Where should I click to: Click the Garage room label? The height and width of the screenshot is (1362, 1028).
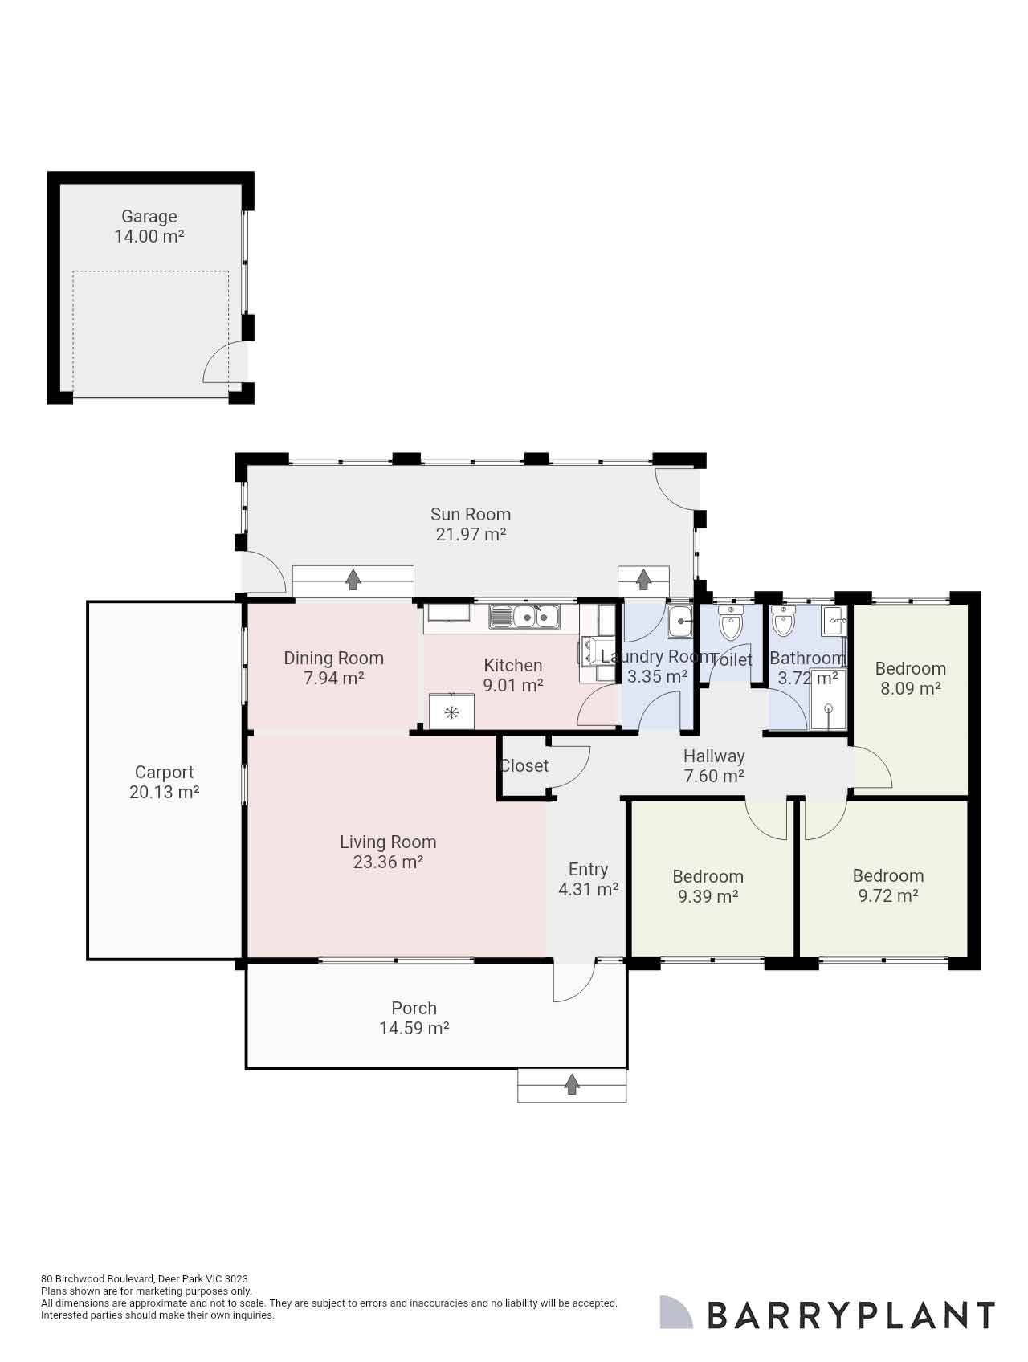pyautogui.click(x=149, y=216)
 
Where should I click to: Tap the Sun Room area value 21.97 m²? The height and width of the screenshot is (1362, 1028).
pyautogui.click(x=471, y=534)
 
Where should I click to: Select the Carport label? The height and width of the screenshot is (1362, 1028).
pyautogui.click(x=164, y=772)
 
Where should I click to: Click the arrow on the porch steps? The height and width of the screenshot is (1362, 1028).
pyautogui.click(x=572, y=1084)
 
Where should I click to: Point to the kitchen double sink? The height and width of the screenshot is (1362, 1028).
pyautogui.click(x=536, y=617)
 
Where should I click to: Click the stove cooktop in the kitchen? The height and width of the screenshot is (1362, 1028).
pyautogui.click(x=451, y=712)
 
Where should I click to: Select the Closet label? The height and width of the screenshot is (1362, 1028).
pyautogui.click(x=524, y=765)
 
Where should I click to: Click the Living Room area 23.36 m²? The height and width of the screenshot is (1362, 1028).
pyautogui.click(x=388, y=862)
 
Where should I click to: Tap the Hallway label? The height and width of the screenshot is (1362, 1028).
pyautogui.click(x=714, y=756)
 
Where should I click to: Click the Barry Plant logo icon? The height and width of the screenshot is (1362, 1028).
pyautogui.click(x=675, y=1311)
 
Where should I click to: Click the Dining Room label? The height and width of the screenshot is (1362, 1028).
pyautogui.click(x=333, y=658)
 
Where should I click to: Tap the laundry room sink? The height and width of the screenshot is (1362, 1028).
pyautogui.click(x=679, y=621)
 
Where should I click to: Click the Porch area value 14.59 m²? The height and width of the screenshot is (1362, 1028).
pyautogui.click(x=414, y=1028)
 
